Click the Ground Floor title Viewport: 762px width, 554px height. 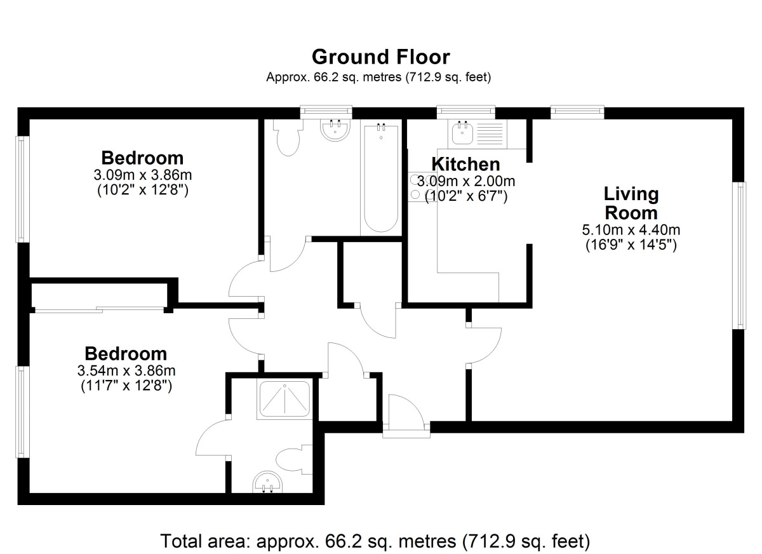380,57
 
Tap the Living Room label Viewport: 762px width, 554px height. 631,203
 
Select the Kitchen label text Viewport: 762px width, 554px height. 465,164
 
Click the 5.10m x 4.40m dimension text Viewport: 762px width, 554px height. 631,230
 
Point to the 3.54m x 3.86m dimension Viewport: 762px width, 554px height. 126,370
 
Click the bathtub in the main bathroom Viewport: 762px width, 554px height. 380,179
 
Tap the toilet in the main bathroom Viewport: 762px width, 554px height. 288,138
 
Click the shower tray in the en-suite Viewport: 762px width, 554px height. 284,400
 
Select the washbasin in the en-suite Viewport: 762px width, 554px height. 268,482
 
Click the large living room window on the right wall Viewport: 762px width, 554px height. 739,255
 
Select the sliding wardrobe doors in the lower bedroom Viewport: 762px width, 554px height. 99,309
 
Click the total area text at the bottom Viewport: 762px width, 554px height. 375,542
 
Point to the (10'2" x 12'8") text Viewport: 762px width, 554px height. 142,189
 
